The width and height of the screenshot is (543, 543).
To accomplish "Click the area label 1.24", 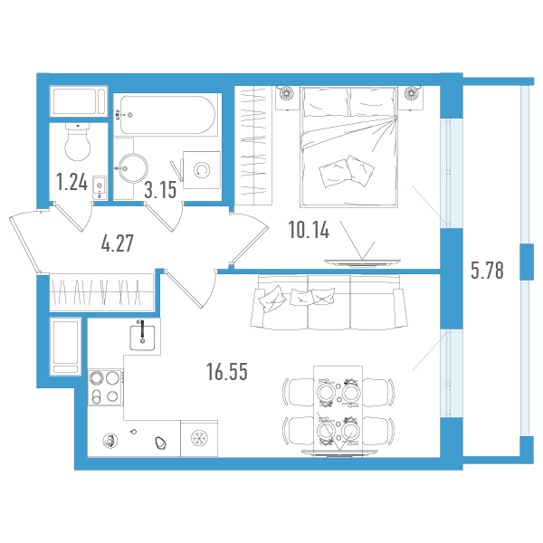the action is tap(72, 182).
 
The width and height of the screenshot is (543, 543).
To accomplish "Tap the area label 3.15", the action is tap(160, 190).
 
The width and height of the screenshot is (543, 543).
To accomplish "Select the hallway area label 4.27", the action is tap(117, 243).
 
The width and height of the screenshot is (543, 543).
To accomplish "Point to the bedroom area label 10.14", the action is tap(309, 230).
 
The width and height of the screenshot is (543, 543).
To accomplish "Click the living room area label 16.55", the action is tap(227, 372).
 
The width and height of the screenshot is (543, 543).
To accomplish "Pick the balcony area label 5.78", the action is tap(487, 271).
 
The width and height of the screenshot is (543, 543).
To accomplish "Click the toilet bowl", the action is tap(78, 142).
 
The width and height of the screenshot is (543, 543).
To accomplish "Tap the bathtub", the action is tap(167, 115).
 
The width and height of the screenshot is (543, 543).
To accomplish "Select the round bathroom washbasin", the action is tap(133, 168).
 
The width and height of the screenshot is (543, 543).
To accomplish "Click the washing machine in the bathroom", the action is tap(202, 170).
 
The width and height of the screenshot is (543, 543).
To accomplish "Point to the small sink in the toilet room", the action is tap(100, 187).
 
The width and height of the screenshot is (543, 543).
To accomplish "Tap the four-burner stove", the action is tap(105, 387).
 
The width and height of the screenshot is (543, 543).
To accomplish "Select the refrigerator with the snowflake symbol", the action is tap(199, 438).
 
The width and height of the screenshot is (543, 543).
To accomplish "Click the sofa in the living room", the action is tap(329, 302).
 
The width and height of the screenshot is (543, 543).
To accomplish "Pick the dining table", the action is tap(338, 412).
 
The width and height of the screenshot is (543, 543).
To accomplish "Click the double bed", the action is tap(349, 148).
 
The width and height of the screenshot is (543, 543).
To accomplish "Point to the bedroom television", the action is tap(362, 263).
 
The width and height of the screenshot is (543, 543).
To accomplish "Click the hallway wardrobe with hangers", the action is tap(101, 292).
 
